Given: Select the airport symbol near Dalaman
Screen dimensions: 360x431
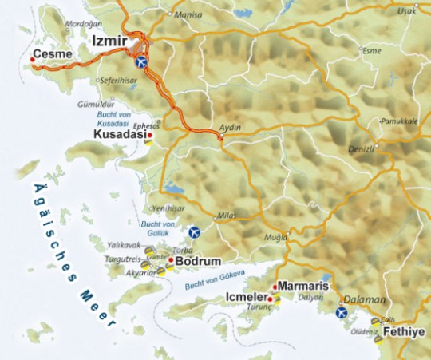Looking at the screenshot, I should pyautogui.click(x=342, y=312).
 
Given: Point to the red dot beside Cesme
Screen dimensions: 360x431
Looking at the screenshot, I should pyautogui.click(x=32, y=60).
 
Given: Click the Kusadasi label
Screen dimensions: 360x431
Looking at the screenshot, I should pyautogui.click(x=121, y=136).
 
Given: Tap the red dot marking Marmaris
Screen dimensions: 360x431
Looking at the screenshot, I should pyautogui.click(x=275, y=287).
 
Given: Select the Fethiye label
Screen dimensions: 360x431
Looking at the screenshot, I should pyautogui.click(x=403, y=330).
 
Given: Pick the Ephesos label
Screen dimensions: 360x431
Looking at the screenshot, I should pyautogui.click(x=148, y=125).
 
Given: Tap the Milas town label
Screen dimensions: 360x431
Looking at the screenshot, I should pyautogui.click(x=227, y=216).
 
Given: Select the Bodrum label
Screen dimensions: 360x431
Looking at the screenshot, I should pyautogui.click(x=192, y=261).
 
